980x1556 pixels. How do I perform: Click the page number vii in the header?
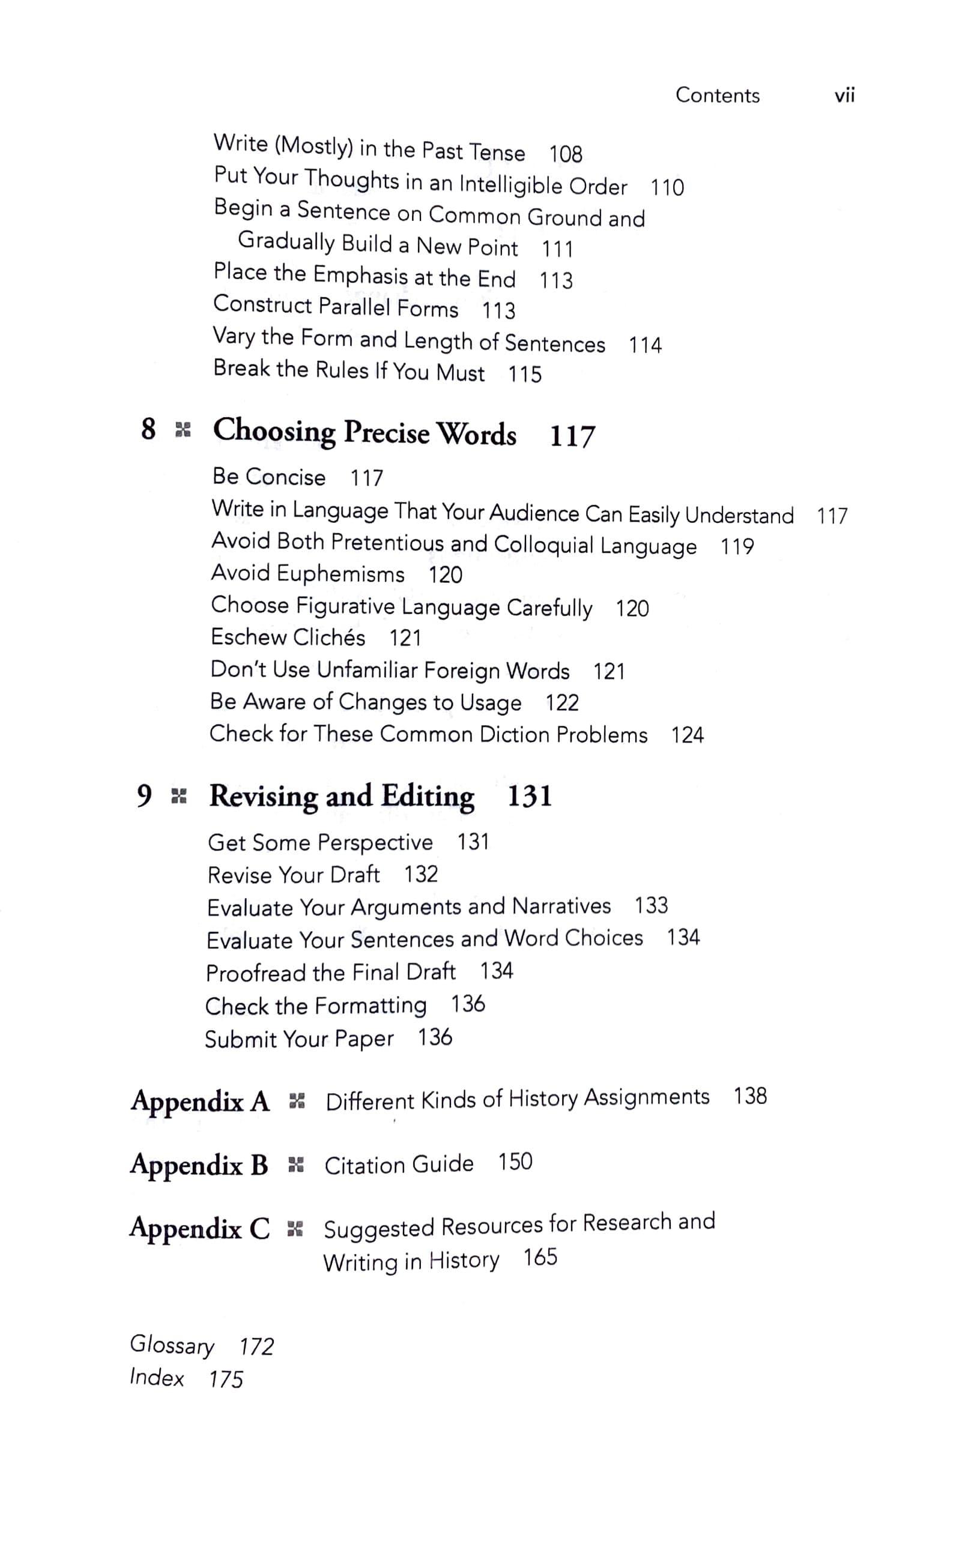pyautogui.click(x=844, y=95)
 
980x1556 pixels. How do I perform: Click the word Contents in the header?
pyautogui.click(x=717, y=95)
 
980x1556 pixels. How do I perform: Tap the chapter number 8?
pyautogui.click(x=148, y=429)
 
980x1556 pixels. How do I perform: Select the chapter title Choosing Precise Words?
pyautogui.click(x=364, y=432)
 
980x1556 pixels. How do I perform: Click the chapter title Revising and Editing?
pyautogui.click(x=341, y=796)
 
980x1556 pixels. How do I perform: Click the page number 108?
pyautogui.click(x=565, y=154)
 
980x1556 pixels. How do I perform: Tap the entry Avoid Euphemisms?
pyautogui.click(x=307, y=574)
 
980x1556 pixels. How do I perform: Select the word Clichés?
pyautogui.click(x=327, y=637)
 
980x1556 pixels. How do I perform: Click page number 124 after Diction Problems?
pyautogui.click(x=687, y=735)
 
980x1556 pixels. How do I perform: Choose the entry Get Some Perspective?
pyautogui.click(x=320, y=843)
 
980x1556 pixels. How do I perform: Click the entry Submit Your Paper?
pyautogui.click(x=299, y=1039)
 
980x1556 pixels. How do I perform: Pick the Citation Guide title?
pyautogui.click(x=399, y=1165)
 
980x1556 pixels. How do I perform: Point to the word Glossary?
pyautogui.click(x=171, y=1345)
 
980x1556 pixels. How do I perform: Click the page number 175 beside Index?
pyautogui.click(x=226, y=1379)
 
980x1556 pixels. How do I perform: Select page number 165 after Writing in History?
pyautogui.click(x=540, y=1258)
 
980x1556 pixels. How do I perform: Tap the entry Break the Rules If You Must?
pyautogui.click(x=349, y=371)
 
